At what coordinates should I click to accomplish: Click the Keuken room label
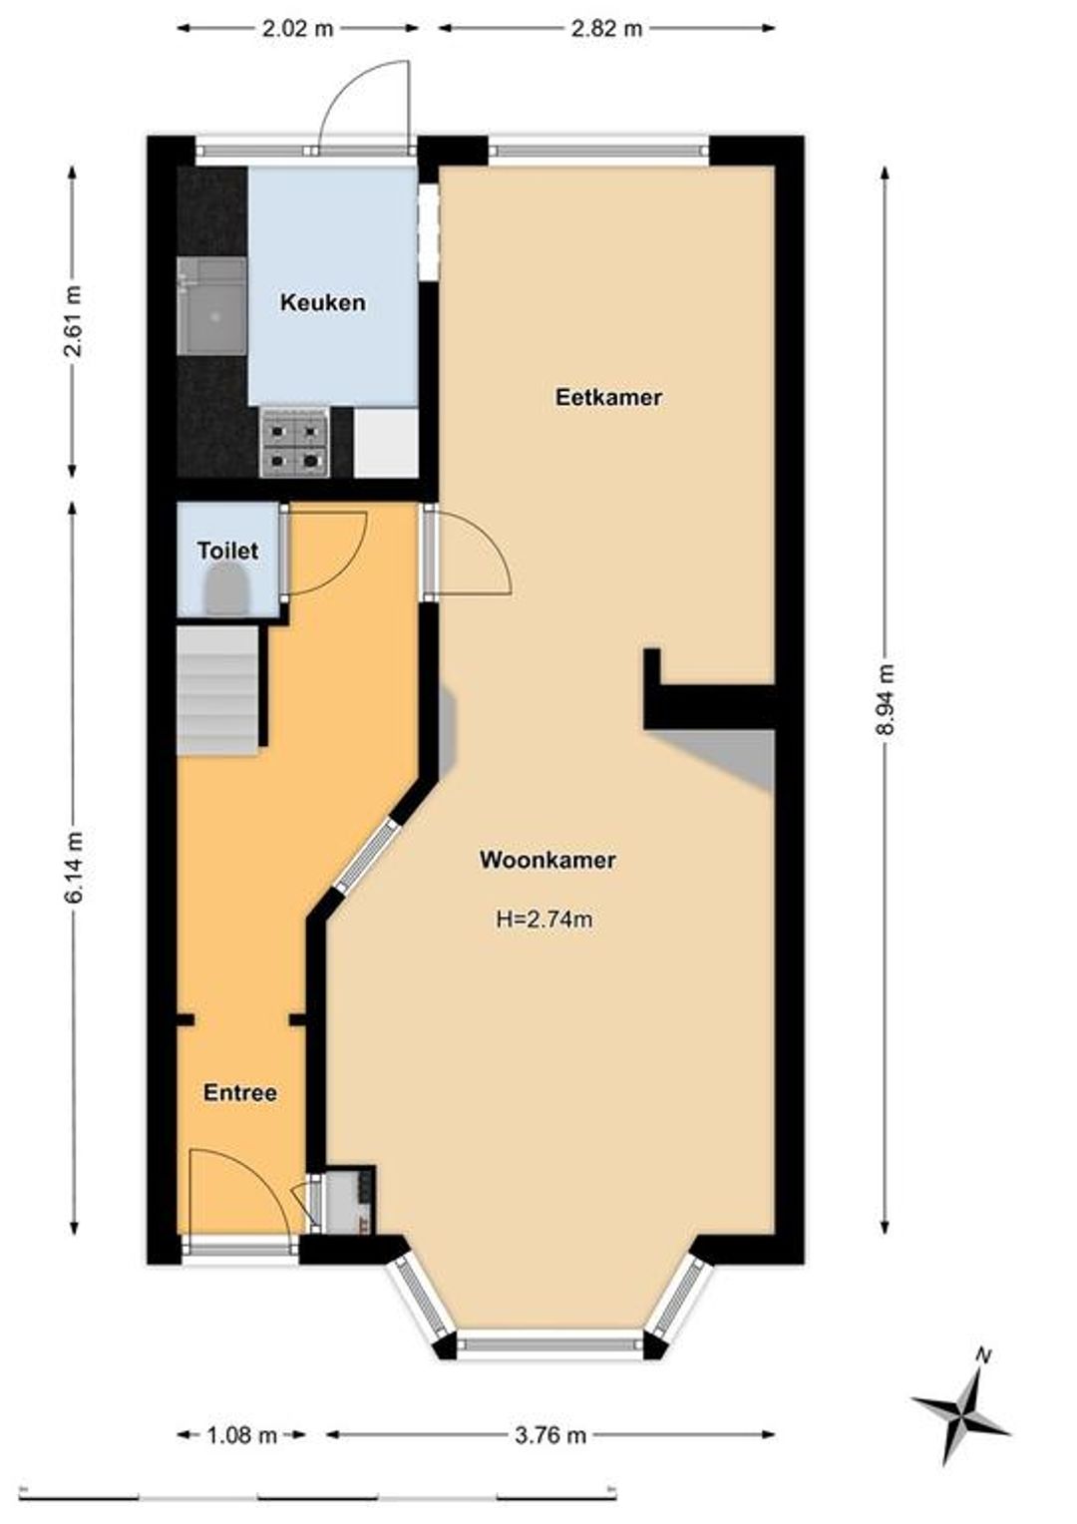coord(322,302)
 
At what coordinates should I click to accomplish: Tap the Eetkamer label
coord(608,397)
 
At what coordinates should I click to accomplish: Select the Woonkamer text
coord(547,860)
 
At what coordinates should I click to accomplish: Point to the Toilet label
coord(228,551)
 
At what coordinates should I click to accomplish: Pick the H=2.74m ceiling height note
coord(544,920)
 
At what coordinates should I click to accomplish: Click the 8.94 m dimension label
coord(886,699)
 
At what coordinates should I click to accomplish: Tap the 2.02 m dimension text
coord(298,29)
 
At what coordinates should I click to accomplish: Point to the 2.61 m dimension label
coord(74,321)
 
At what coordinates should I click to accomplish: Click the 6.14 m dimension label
coord(74,868)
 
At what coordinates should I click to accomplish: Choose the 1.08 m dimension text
coord(241,1411)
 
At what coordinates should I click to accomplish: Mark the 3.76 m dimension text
coord(549,1411)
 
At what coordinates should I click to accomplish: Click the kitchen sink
coord(211,306)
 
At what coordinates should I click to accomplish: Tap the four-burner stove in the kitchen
coord(294,442)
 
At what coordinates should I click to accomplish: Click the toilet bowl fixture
coord(228,591)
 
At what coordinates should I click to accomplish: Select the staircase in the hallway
coord(217,690)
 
